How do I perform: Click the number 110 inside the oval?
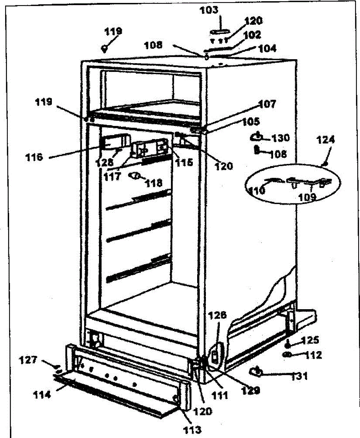coord(257,190)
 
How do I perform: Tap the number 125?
coord(311,341)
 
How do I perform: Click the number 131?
coord(299,376)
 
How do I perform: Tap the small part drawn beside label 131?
coord(256,372)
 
